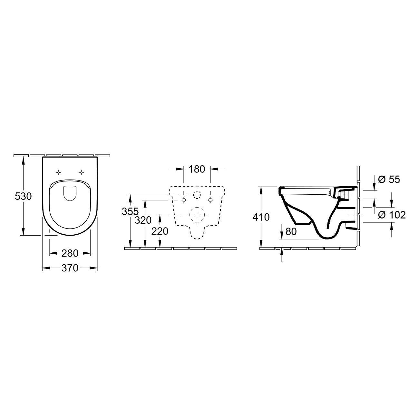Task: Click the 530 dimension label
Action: [x=24, y=196]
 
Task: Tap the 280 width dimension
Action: [x=70, y=253]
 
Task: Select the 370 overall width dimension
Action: [x=70, y=268]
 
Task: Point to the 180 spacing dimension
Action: [x=197, y=169]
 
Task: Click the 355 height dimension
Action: [x=130, y=212]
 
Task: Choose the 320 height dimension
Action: [x=143, y=220]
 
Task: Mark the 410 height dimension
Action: [x=261, y=217]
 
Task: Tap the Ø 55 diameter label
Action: [x=389, y=179]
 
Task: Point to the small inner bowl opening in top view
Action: [x=70, y=193]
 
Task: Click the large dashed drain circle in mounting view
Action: [x=197, y=214]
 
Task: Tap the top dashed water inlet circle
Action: [x=197, y=195]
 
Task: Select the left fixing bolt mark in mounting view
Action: [x=183, y=200]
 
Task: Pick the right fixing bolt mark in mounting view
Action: [x=210, y=200]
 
